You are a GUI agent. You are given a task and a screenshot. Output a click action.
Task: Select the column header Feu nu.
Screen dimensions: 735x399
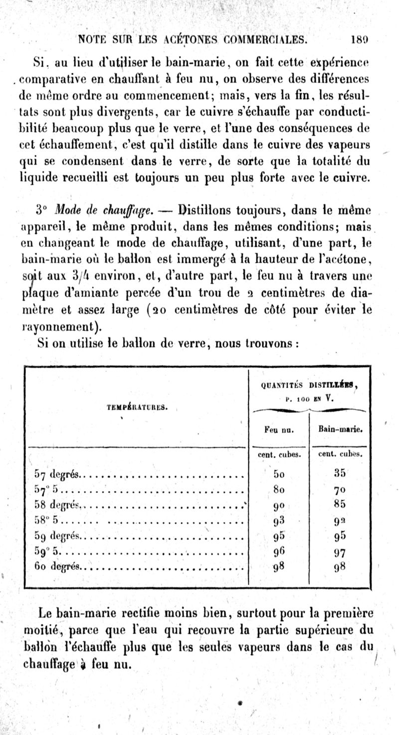tap(279, 429)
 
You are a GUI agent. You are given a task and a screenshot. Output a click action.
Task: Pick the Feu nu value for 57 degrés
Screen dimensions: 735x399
tap(279, 473)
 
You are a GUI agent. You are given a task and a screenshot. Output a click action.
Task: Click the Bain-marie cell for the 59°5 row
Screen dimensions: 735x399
tap(340, 552)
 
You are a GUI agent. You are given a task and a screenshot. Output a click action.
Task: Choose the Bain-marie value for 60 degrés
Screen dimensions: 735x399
tap(340, 568)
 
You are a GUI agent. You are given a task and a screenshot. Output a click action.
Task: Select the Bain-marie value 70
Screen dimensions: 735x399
tap(340, 489)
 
